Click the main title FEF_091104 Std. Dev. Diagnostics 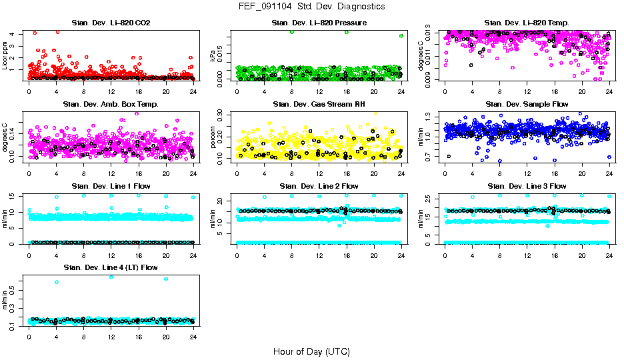click(x=311, y=6)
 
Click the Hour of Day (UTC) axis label click(x=311, y=351)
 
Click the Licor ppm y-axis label click(x=5, y=55)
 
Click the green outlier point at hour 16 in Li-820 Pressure click(x=347, y=32)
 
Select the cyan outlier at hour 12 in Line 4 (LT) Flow click(x=111, y=277)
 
